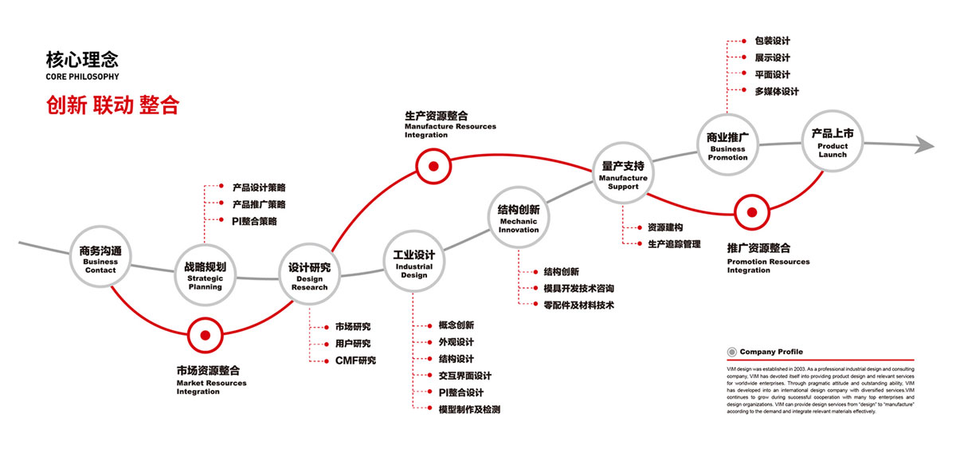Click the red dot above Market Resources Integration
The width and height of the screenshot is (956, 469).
(x=205, y=336)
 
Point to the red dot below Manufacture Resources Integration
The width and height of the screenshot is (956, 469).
(x=433, y=167)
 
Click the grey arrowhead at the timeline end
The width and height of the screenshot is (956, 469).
(x=924, y=144)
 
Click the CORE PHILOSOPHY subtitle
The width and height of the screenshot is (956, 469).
(x=83, y=77)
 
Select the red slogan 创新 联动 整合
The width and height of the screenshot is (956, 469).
(x=112, y=105)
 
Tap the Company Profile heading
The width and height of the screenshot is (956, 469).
(x=770, y=352)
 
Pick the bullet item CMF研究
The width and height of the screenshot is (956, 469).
(x=355, y=361)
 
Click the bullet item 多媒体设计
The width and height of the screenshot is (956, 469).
(x=776, y=92)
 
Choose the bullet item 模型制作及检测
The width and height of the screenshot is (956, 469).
(x=469, y=409)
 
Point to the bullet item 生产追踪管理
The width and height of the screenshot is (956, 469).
(x=674, y=244)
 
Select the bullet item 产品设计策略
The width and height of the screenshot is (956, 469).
(x=258, y=188)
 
